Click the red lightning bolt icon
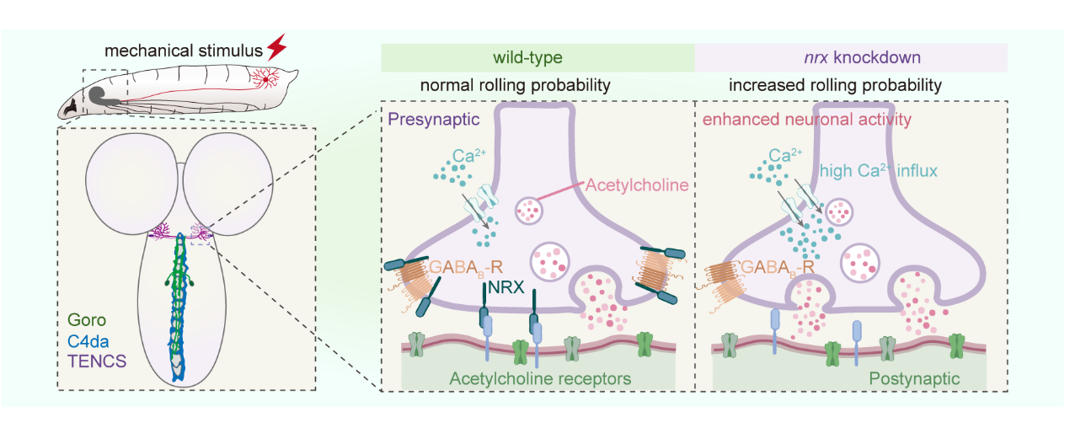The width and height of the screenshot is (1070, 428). coord(276,45)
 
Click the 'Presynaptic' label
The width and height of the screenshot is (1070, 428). coord(434,120)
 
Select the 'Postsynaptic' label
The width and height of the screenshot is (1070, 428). coord(914,379)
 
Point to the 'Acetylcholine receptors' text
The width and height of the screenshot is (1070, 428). coord(540,379)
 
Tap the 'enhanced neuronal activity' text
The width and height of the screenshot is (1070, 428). coord(807,120)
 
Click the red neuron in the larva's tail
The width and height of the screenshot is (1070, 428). coord(268,78)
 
